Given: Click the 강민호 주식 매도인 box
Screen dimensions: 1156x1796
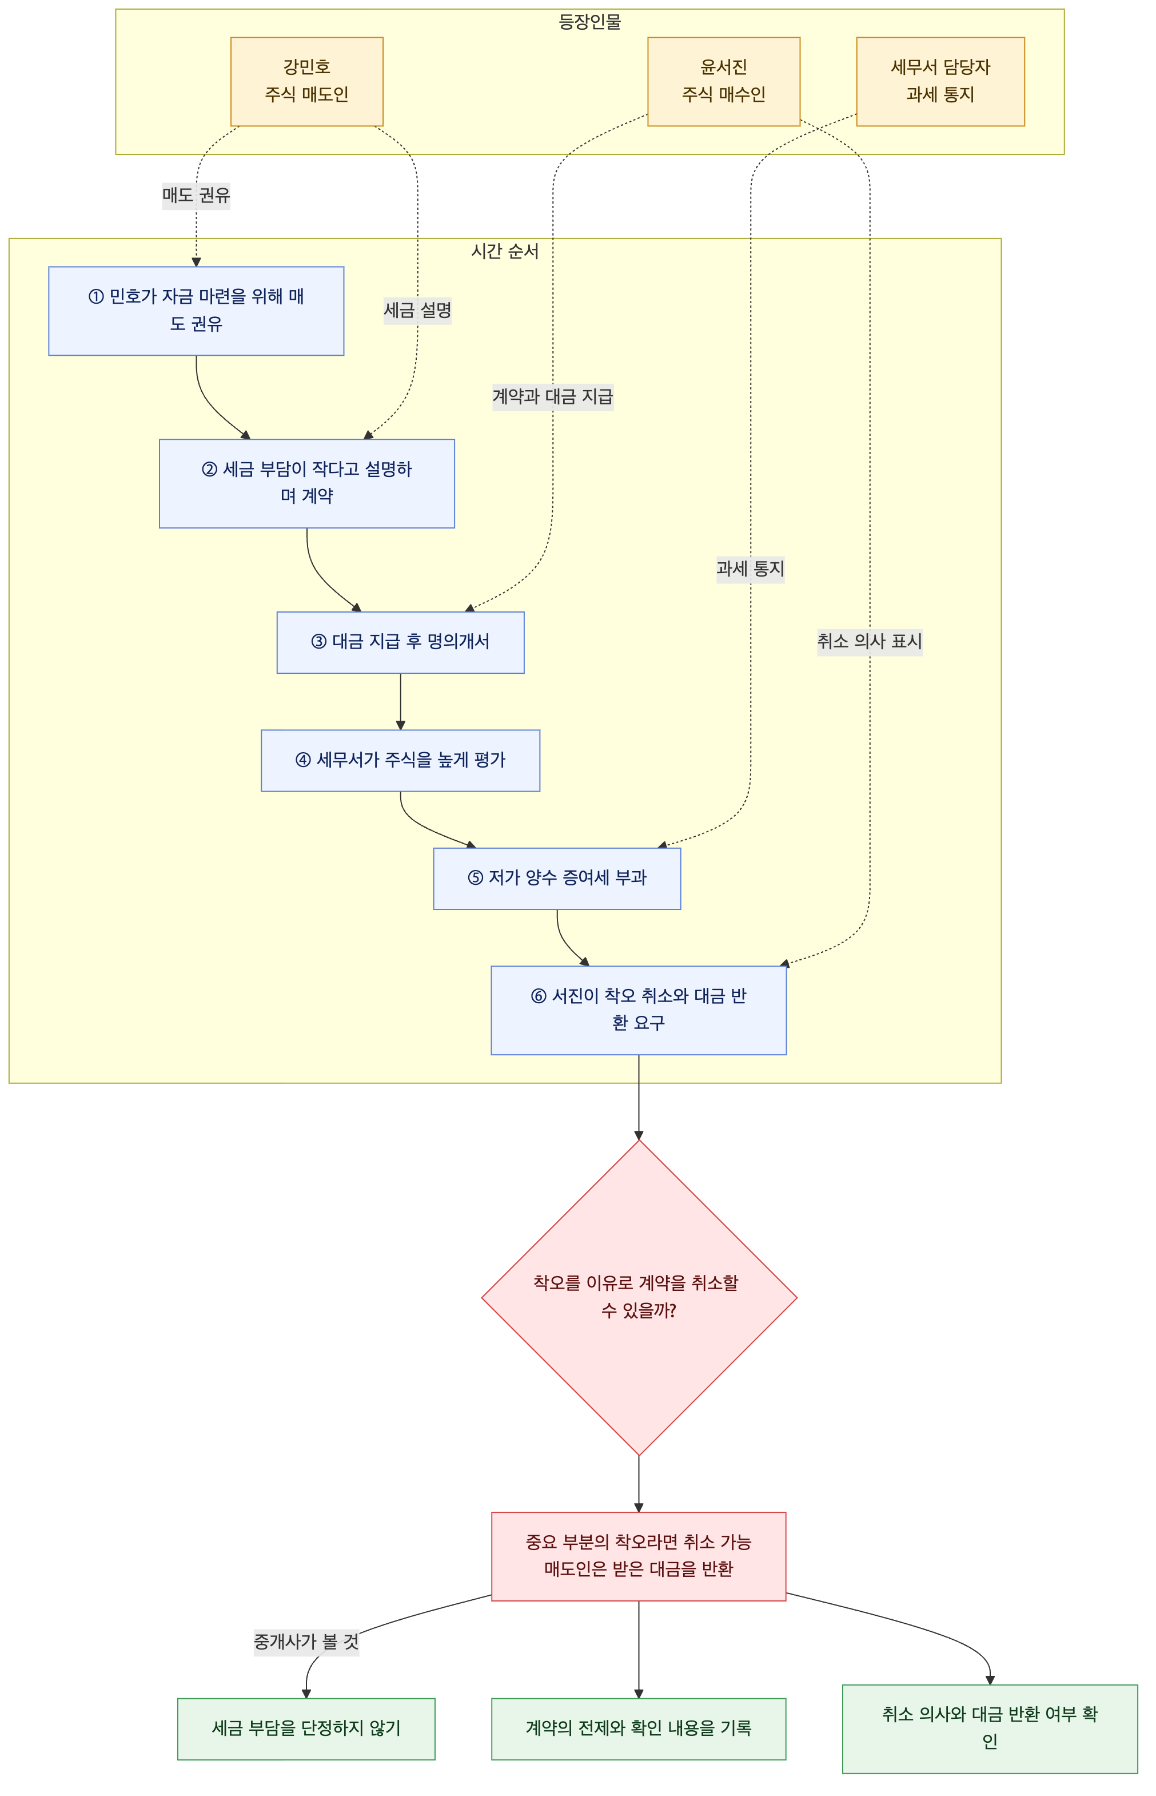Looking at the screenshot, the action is (x=306, y=81).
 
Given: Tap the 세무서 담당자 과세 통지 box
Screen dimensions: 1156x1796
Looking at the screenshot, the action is (x=940, y=81).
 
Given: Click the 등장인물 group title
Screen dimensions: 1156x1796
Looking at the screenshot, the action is (x=589, y=22).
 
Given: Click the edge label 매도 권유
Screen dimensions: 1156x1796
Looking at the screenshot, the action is (x=196, y=195).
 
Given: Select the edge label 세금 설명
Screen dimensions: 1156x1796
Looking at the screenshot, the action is (x=417, y=310).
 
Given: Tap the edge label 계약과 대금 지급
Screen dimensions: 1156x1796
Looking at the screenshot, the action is (x=552, y=396).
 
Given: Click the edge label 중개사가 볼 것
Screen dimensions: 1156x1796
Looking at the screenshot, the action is (x=306, y=1642).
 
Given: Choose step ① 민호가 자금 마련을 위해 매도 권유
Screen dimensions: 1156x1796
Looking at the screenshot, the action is (x=196, y=310).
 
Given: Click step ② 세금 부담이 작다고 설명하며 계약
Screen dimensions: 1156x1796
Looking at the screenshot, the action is (x=306, y=483).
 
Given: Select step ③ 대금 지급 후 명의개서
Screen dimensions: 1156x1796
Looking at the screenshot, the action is (x=400, y=642).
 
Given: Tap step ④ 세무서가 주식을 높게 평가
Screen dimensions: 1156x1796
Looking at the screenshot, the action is (x=400, y=760).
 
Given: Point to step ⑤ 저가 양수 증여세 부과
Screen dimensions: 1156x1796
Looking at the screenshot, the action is (x=557, y=879).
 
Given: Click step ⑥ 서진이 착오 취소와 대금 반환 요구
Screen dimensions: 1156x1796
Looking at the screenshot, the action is (x=638, y=1010).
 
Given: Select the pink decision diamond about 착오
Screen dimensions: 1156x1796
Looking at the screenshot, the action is (x=639, y=1297).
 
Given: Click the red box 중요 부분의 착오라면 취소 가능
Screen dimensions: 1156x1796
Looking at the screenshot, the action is (x=638, y=1556).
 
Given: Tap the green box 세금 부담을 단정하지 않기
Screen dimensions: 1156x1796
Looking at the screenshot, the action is (x=306, y=1729).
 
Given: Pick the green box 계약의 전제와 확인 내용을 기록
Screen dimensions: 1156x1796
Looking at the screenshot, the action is (x=638, y=1729).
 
